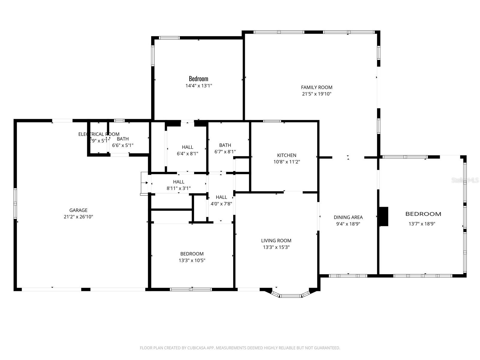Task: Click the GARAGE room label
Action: [78, 210]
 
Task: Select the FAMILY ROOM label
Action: [316, 87]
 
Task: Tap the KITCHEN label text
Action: [286, 155]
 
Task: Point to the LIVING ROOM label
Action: [276, 241]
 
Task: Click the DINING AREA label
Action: [348, 217]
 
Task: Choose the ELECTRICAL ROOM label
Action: [99, 134]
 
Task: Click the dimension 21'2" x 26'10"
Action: [78, 217]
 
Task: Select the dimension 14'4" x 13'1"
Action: [199, 86]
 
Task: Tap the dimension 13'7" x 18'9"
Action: [422, 224]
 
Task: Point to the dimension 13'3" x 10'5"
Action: [192, 260]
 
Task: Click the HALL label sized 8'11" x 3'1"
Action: [178, 182]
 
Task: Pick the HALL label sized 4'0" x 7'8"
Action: [221, 197]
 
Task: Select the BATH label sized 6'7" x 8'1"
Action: [225, 145]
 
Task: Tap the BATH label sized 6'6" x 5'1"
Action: [123, 139]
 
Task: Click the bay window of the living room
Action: [290, 296]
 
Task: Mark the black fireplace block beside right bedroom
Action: [384, 216]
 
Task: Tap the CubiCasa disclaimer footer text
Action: [240, 348]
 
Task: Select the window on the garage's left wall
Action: [15, 204]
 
